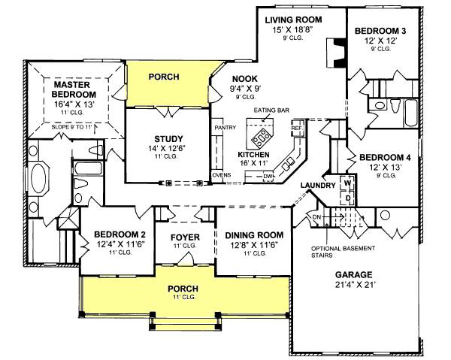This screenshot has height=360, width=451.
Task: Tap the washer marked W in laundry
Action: [x=347, y=183]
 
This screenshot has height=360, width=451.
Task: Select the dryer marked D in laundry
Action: [x=347, y=197]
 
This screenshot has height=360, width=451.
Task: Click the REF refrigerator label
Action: [x=296, y=128]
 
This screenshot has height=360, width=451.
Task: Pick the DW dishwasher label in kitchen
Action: [x=268, y=177]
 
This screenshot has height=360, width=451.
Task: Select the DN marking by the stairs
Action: [x=316, y=217]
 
